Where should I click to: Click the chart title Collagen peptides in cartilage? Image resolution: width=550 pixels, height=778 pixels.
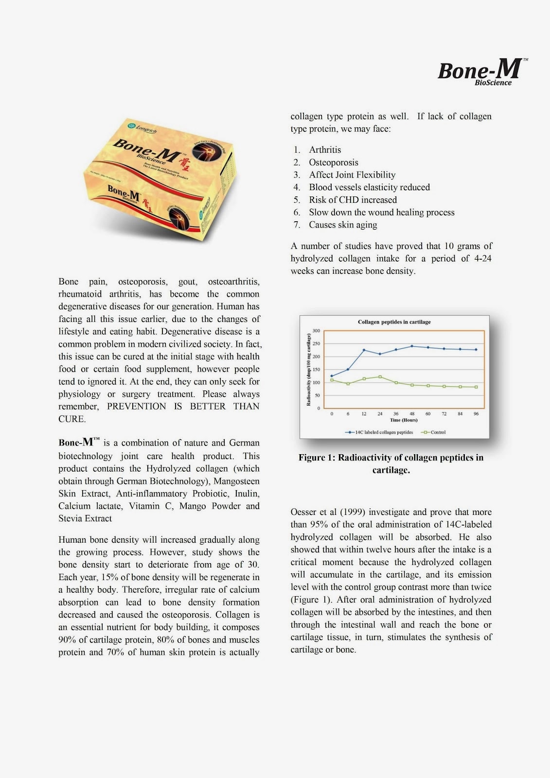pyautogui.click(x=394, y=322)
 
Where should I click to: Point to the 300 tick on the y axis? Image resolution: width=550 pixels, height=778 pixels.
pyautogui.click(x=316, y=331)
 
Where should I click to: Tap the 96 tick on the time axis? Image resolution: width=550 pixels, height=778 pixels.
pyautogui.click(x=476, y=414)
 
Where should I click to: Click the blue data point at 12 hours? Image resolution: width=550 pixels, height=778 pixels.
pyautogui.click(x=364, y=350)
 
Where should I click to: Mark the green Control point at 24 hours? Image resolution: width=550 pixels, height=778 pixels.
pyautogui.click(x=380, y=377)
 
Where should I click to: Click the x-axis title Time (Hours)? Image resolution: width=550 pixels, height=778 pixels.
pyautogui.click(x=404, y=420)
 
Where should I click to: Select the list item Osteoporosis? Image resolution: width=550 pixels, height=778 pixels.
pyautogui.click(x=333, y=162)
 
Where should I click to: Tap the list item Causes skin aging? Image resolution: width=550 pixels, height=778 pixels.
pyautogui.click(x=343, y=225)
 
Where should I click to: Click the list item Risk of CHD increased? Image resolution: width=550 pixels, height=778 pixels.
pyautogui.click(x=353, y=200)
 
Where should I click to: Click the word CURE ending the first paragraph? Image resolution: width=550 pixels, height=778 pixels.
pyautogui.click(x=71, y=419)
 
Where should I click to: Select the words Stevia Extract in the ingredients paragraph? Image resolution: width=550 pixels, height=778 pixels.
pyautogui.click(x=85, y=518)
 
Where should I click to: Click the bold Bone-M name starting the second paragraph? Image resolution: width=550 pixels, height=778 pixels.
pyautogui.click(x=77, y=442)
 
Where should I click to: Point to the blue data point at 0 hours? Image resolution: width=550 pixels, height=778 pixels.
pyautogui.click(x=332, y=376)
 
